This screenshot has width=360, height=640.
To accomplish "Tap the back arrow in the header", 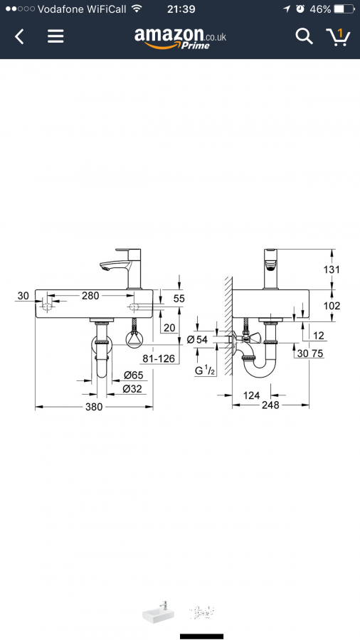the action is (x=19, y=37).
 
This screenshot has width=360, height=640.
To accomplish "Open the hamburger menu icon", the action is (x=55, y=37).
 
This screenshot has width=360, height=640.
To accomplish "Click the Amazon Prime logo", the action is (x=180, y=38).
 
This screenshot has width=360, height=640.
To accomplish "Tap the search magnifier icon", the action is (x=304, y=37).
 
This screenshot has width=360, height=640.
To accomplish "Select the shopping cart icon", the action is (x=338, y=37).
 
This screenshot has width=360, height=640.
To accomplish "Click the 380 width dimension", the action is (x=94, y=407).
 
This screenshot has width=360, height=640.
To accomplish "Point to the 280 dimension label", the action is (x=90, y=295).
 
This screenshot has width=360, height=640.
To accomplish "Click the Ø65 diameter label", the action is (x=133, y=375).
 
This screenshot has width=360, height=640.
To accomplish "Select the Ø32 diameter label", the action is (x=133, y=389).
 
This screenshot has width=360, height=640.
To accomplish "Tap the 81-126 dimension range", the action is (x=159, y=358).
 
